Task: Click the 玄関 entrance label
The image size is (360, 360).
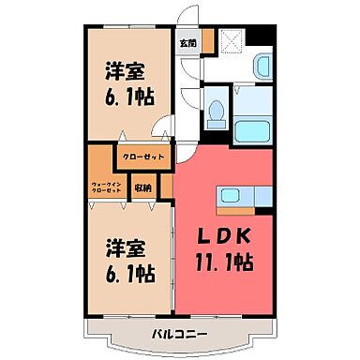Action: click(188, 43)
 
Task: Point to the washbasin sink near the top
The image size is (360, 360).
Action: click(262, 67)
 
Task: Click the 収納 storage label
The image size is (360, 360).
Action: click(142, 186)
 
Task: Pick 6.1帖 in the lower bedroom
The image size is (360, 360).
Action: click(128, 276)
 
